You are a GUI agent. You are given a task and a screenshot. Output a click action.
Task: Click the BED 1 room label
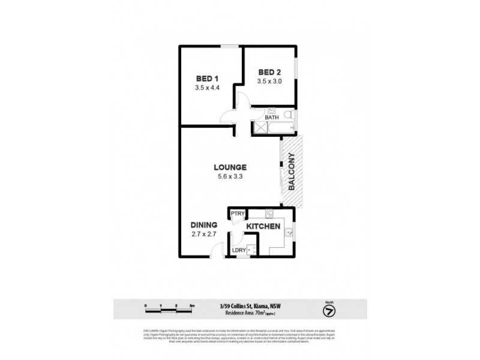click(208, 78)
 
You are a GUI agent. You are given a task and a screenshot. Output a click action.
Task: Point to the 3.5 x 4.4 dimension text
click(208, 88)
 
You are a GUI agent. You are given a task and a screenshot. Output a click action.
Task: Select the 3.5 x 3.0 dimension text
click(269, 82)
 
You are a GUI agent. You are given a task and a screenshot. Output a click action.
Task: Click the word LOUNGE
click(230, 167)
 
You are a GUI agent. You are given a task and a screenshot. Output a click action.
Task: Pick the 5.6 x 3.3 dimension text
click(230, 177)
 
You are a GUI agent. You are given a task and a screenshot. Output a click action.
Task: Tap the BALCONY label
click(292, 172)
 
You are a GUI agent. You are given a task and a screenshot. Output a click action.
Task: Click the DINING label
click(204, 224)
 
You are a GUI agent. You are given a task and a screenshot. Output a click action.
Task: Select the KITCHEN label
click(263, 226)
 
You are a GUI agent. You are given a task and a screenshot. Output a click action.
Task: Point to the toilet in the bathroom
click(287, 114)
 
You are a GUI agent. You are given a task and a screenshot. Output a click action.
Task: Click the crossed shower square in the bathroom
click(259, 128)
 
